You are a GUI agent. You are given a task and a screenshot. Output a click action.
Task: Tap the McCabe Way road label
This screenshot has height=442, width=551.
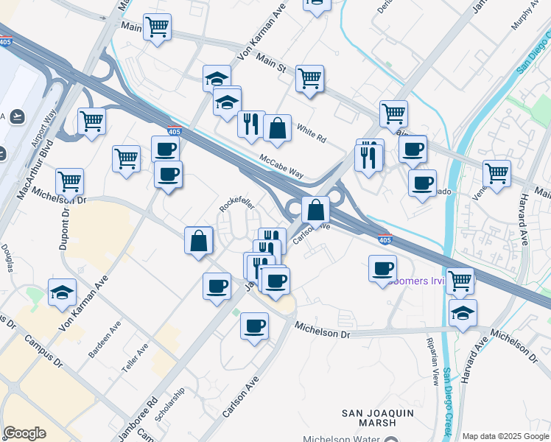coord(281,165)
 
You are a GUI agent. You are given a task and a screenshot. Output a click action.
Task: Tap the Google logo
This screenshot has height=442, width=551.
coord(25,433)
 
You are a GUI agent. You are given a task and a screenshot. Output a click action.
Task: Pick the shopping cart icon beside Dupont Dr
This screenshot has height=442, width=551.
coord(69,180)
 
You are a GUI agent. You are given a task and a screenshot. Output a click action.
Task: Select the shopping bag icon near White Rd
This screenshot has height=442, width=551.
coord(277,128)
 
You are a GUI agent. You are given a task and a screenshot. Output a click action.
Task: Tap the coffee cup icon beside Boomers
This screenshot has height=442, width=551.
coord(382,268)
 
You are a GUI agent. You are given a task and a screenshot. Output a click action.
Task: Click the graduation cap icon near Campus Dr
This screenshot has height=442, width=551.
coord(62,292)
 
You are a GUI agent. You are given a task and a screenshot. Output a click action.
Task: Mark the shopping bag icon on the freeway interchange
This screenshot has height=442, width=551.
coord(315,209)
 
